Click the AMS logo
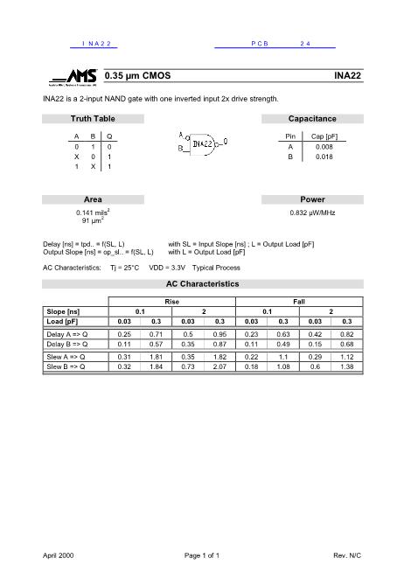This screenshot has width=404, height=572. click(73, 77)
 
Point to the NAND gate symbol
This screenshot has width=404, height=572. click(203, 143)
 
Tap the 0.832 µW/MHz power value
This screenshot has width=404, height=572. click(311, 213)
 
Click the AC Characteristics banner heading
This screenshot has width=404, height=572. click(202, 284)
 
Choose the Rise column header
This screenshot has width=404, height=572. click(171, 301)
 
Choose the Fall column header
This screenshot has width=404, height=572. click(299, 301)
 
